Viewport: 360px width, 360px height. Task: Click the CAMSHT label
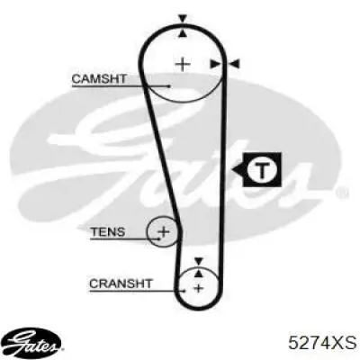point(99,79)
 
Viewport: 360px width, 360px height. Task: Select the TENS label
point(108,232)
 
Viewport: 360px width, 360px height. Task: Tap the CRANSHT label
point(121,283)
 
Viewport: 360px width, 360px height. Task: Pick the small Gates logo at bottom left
point(33,344)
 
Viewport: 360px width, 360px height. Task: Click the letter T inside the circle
point(262,170)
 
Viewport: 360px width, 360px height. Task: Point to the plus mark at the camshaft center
point(183,64)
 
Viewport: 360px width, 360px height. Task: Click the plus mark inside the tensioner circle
point(164,231)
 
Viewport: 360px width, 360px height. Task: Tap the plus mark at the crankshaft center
point(198,288)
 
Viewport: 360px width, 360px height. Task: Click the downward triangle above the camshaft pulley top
point(183,19)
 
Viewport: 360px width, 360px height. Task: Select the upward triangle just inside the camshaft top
point(183,33)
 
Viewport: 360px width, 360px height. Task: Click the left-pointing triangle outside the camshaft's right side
point(234,64)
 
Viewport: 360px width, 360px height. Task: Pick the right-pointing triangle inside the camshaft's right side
point(215,64)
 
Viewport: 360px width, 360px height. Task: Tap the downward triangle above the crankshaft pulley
point(198,261)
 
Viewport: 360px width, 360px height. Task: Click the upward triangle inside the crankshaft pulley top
point(198,273)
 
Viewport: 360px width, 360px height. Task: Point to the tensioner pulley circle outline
point(148,231)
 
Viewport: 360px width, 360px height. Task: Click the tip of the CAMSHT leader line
point(169,86)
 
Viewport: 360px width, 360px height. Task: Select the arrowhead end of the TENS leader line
point(159,238)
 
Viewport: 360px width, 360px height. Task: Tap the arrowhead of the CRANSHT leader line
point(184,291)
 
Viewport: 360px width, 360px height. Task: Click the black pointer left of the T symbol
point(238,170)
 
